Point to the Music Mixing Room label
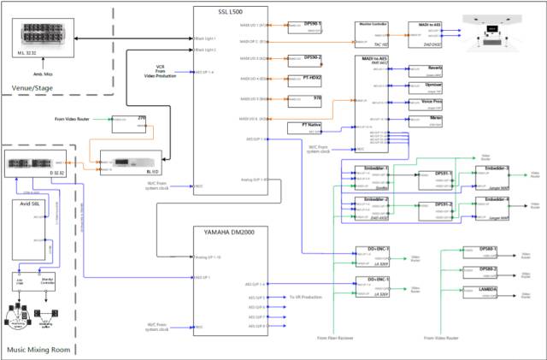(38, 350)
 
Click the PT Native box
(304, 128)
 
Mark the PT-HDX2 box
(304, 80)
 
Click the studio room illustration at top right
(493, 32)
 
